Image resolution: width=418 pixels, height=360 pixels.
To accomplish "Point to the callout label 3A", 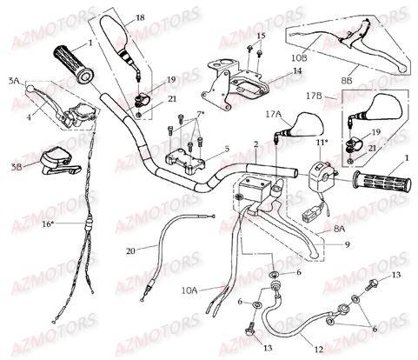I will coord(12,79).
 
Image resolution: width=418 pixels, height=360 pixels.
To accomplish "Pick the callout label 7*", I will coord(202,115).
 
